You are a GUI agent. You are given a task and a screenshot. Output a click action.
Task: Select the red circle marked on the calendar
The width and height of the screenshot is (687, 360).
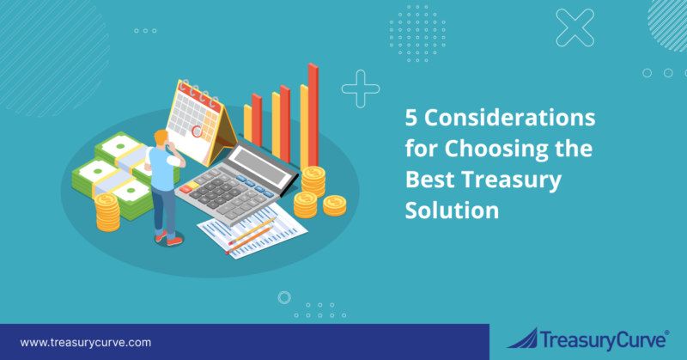click(x=197, y=132)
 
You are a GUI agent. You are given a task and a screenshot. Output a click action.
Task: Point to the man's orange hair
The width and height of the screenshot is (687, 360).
click(x=159, y=137)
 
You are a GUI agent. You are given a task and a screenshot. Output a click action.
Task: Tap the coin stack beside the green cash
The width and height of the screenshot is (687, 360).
click(x=106, y=211)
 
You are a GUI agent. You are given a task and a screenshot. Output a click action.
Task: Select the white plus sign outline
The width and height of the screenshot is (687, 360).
click(x=361, y=88)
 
